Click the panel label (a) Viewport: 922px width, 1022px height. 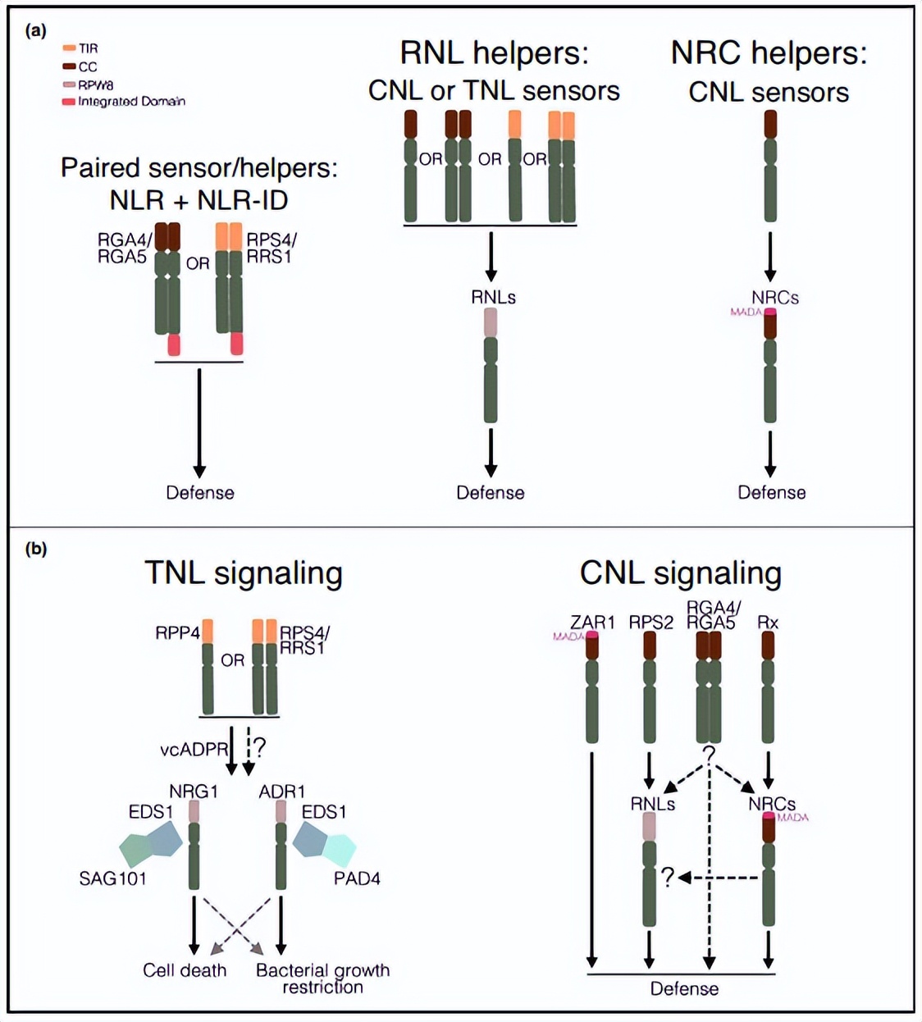click(x=36, y=30)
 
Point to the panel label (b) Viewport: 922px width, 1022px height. click(x=36, y=549)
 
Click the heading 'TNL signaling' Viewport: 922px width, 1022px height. click(x=244, y=573)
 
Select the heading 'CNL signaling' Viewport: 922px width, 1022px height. click(x=680, y=573)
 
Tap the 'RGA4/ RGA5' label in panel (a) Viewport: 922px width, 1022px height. click(x=122, y=248)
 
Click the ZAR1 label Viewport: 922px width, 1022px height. click(x=592, y=622)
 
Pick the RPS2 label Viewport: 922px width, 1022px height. click(x=650, y=622)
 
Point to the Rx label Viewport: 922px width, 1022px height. click(x=768, y=622)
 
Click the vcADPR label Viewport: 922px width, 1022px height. click(x=194, y=749)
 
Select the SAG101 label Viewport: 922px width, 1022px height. click(x=112, y=878)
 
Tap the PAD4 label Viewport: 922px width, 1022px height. click(x=357, y=878)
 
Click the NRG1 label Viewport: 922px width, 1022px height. click(x=194, y=792)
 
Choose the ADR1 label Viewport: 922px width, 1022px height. click(x=281, y=792)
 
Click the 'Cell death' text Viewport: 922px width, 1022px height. click(x=185, y=970)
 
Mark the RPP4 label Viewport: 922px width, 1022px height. click(x=177, y=633)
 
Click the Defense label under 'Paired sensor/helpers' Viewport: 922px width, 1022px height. click(x=200, y=492)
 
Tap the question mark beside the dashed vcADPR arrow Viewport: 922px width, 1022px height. click(x=260, y=747)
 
